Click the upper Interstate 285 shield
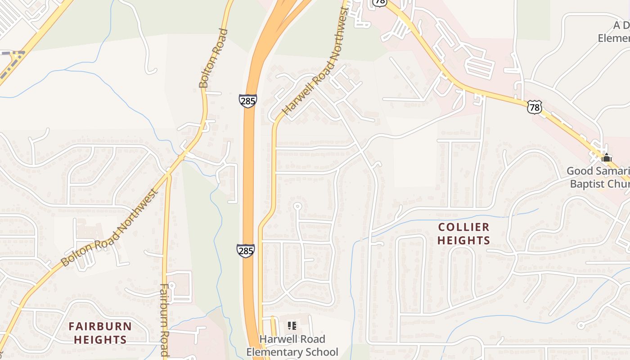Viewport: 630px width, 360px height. coord(248,100)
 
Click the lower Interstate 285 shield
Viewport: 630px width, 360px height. coord(246,251)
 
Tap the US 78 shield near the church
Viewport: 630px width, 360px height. coord(534,107)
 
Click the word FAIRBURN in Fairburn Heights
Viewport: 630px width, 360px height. coord(100,326)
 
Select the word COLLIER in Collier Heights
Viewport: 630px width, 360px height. coord(463,227)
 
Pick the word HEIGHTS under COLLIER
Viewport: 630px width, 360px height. coord(463,240)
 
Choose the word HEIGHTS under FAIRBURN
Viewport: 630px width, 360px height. coord(100,339)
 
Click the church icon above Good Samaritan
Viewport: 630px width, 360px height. coord(606,158)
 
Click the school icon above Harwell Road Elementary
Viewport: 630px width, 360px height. coord(292,325)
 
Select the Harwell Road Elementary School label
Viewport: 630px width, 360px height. coord(292,346)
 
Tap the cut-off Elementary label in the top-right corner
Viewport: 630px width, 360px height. coord(614,38)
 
